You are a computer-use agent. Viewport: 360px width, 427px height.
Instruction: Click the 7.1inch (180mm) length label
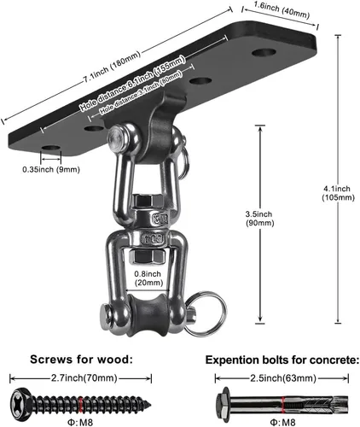tap(112, 67)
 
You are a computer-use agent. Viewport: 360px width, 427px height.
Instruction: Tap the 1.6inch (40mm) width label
tap(282, 10)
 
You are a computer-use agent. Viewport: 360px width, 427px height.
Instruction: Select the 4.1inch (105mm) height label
tap(338, 193)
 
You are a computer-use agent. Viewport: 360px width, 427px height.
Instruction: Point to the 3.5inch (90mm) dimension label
tap(260, 219)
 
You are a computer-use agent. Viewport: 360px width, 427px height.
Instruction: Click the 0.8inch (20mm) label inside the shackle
tap(148, 278)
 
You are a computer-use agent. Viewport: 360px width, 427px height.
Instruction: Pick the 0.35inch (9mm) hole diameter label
tap(51, 170)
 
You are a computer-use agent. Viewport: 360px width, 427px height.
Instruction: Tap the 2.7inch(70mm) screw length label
tap(84, 378)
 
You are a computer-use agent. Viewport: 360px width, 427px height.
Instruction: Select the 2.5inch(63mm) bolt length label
tap(283, 378)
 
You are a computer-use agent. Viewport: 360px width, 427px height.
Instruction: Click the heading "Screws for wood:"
tap(81, 360)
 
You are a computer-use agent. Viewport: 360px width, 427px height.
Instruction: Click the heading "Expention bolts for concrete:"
tap(282, 360)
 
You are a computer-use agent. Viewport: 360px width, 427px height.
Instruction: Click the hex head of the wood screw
tap(20, 403)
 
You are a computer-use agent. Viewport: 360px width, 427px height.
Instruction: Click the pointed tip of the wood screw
tap(149, 404)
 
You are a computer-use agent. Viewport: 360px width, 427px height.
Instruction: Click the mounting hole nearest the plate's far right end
tap(264, 53)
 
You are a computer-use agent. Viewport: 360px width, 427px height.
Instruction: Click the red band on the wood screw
tap(81, 404)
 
